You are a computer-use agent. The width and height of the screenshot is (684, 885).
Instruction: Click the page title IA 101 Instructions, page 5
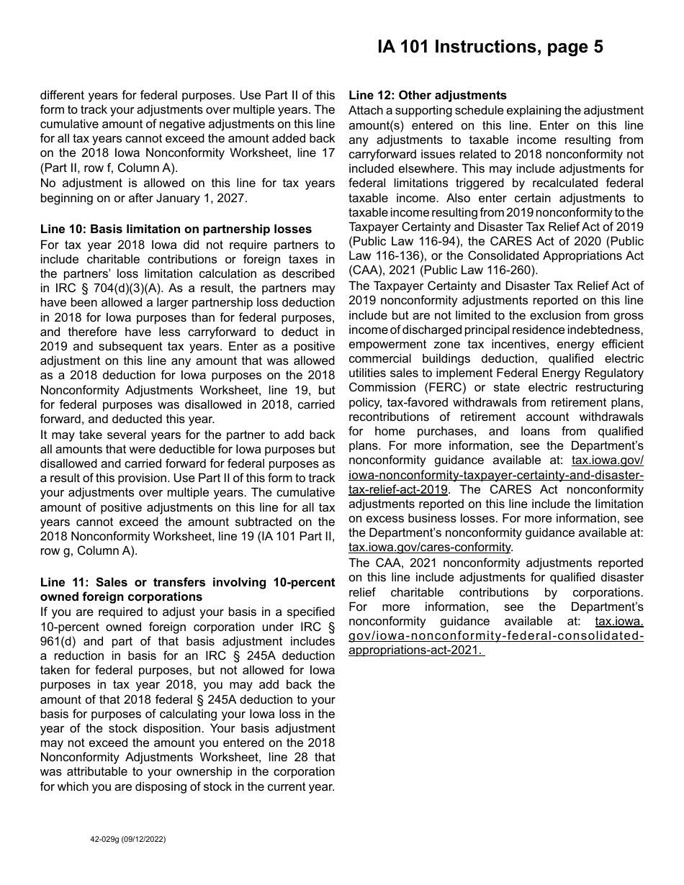click(x=490, y=47)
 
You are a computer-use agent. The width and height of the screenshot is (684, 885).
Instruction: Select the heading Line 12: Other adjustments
click(x=428, y=96)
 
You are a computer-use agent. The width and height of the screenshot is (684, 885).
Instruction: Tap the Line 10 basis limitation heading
click(x=176, y=230)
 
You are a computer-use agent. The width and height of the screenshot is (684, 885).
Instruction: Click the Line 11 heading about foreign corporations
click(x=187, y=589)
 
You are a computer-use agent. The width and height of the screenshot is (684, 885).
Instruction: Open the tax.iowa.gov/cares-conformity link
click(x=430, y=548)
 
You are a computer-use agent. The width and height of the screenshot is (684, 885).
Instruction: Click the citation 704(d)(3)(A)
click(x=108, y=288)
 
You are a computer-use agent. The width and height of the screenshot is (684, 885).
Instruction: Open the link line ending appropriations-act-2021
click(x=415, y=650)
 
